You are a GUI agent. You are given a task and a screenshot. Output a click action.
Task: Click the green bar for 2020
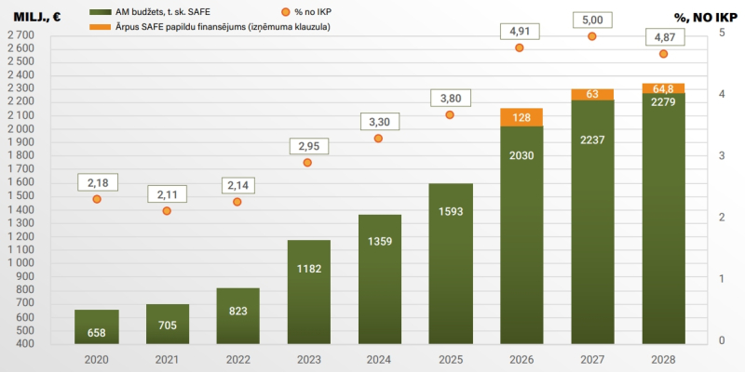96,325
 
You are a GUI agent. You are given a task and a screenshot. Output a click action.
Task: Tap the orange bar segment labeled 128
521,117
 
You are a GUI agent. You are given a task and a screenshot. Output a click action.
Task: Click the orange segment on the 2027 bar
592,94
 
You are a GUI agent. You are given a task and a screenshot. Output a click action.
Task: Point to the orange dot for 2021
168,211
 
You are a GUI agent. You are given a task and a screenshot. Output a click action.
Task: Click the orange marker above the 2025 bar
450,114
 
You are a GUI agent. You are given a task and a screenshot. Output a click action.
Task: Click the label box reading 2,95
308,145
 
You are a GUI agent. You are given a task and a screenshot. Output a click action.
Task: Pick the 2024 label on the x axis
379,359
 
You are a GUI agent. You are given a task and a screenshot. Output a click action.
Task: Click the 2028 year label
663,359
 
